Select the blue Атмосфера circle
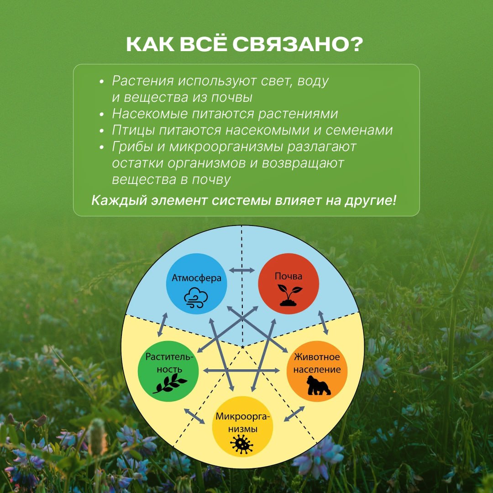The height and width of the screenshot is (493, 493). click(x=196, y=283)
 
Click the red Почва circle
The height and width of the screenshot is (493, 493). click(x=288, y=283)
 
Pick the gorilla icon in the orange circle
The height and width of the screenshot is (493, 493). click(x=319, y=385)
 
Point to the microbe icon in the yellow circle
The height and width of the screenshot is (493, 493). click(x=241, y=444)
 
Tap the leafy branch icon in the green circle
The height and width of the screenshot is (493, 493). click(x=170, y=385)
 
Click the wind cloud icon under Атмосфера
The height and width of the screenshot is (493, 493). click(x=196, y=298)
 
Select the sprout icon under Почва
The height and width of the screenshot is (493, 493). click(x=289, y=295)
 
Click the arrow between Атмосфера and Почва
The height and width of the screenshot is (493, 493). click(x=242, y=270)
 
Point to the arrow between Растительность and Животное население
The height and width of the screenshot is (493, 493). click(x=241, y=370)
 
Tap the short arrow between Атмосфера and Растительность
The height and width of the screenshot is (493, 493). click(x=162, y=325)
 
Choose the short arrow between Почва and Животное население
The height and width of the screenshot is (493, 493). click(x=323, y=323)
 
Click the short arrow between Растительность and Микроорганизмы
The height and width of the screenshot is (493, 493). click(x=194, y=416)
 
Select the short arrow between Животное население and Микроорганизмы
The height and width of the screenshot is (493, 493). click(x=294, y=414)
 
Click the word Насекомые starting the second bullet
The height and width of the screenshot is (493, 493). click(x=150, y=114)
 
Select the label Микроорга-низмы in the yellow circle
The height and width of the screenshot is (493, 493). click(x=242, y=422)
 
